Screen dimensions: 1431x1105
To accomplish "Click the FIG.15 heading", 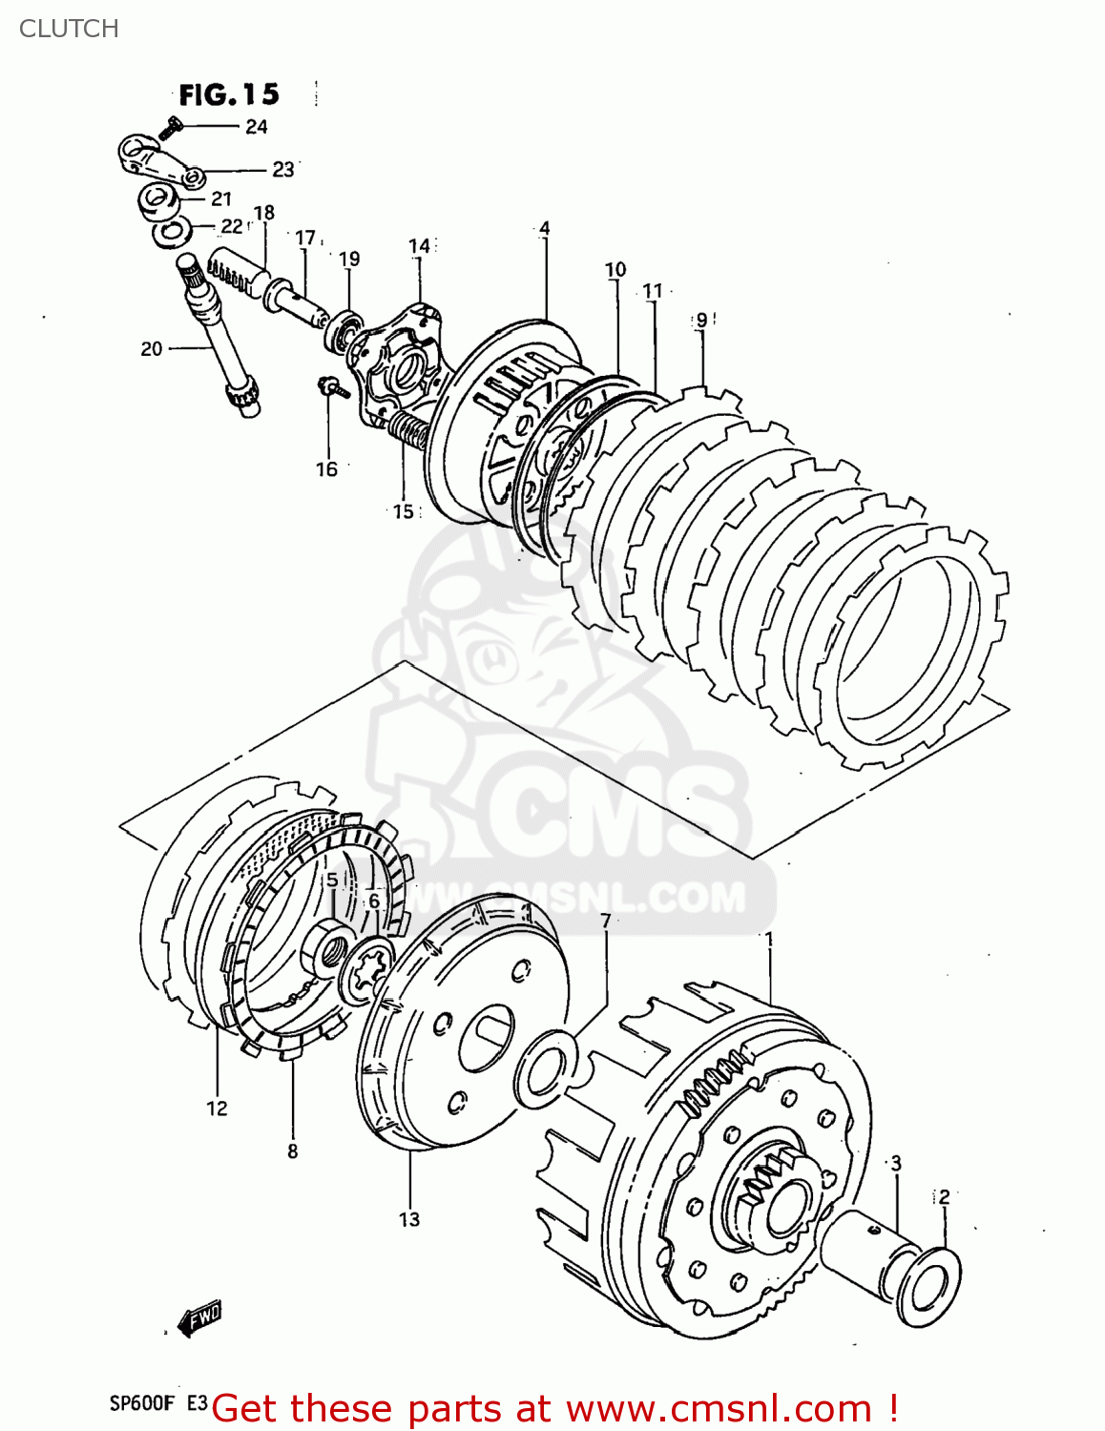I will point(229,94).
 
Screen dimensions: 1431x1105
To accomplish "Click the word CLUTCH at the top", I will point(69,29).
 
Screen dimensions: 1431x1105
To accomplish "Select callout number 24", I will point(256,127).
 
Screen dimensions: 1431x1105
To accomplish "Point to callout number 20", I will point(151,349).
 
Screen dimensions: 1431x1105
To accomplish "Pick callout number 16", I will point(326,468).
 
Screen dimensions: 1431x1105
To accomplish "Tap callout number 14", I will point(420,246).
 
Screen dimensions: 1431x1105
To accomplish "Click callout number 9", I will point(701,320).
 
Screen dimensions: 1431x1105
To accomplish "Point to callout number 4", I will point(544,228).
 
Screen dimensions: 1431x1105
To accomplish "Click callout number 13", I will point(408,1219).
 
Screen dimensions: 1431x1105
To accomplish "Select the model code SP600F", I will point(142,1403).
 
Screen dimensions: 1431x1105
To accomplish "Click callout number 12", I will point(217,1108).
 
